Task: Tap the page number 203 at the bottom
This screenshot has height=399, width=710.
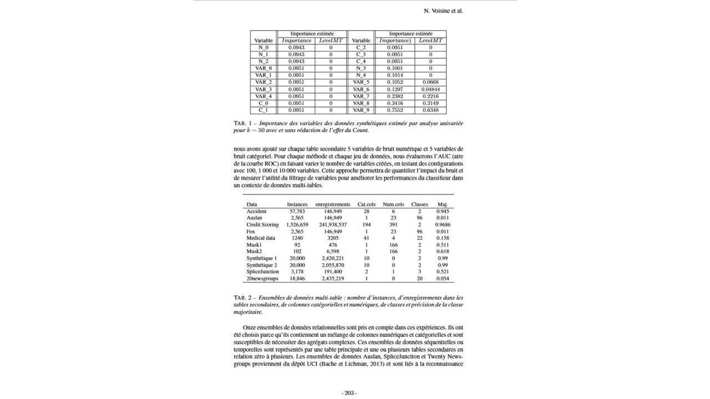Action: (x=349, y=393)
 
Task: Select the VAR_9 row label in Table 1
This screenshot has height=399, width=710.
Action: (x=361, y=110)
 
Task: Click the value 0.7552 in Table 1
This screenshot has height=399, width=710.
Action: (x=394, y=110)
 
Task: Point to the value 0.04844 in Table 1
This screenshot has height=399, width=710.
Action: (x=430, y=89)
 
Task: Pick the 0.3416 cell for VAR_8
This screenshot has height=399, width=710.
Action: (x=394, y=103)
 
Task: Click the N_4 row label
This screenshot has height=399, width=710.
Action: (x=361, y=75)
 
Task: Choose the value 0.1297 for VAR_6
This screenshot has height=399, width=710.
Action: (x=394, y=89)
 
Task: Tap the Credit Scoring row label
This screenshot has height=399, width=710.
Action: (x=262, y=225)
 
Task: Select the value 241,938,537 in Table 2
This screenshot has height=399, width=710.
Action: (x=333, y=225)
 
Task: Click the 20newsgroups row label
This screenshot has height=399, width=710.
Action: (x=262, y=279)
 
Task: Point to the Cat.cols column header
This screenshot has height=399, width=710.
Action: (x=367, y=204)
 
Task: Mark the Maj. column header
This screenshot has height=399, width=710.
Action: (x=443, y=204)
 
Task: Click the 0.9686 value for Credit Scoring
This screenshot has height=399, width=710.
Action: (x=443, y=225)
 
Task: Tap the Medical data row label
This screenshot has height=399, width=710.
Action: (x=261, y=238)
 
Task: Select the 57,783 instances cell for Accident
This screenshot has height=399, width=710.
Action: (x=297, y=211)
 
